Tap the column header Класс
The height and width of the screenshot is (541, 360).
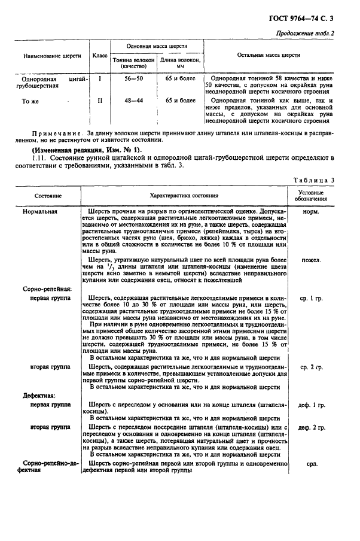click(100, 56)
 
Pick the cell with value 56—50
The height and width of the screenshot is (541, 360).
click(133, 78)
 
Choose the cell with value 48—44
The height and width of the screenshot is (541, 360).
click(133, 101)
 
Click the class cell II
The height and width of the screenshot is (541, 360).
click(100, 101)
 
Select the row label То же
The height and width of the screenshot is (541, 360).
click(30, 101)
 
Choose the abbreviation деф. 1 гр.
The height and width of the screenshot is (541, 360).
click(311, 405)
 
